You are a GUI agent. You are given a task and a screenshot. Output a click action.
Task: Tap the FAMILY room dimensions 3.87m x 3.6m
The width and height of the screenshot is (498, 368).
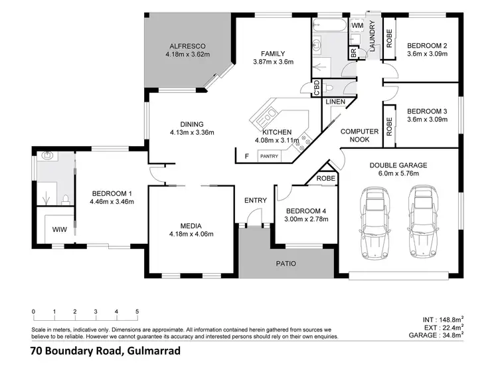pyautogui.click(x=273, y=62)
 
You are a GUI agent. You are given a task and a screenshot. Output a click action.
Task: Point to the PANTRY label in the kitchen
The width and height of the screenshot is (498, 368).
pyautogui.click(x=269, y=156)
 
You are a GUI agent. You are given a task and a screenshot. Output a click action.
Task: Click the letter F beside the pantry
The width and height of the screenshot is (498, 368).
pyautogui.click(x=247, y=156)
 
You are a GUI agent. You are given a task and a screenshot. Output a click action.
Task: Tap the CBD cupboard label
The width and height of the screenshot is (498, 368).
pyautogui.click(x=316, y=88)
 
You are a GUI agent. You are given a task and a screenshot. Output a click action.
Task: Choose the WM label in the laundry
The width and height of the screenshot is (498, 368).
pyautogui.click(x=357, y=25)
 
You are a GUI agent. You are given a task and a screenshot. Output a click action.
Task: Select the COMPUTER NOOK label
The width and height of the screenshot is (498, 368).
pyautogui.click(x=359, y=136)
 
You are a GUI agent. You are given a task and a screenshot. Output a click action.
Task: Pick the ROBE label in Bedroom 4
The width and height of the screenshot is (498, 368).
pyautogui.click(x=325, y=179)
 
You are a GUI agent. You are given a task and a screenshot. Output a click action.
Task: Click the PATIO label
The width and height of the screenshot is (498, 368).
pyautogui.click(x=287, y=264)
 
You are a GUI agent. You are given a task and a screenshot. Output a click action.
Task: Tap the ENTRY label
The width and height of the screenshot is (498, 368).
pyautogui.click(x=255, y=201)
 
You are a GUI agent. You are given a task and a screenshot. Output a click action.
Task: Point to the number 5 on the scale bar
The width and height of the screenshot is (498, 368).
pyautogui.click(x=137, y=311)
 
